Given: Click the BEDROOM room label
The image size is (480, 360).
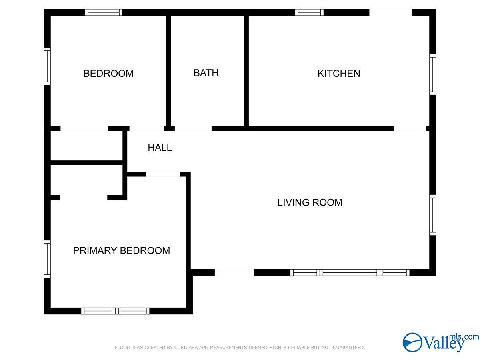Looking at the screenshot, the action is click(x=108, y=74).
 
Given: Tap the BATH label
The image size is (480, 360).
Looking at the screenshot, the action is click(x=206, y=73).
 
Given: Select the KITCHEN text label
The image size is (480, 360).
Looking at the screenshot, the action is click(x=338, y=74).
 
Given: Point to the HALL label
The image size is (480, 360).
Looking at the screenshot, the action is click(x=160, y=148).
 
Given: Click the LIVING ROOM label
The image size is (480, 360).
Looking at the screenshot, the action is click(x=310, y=202).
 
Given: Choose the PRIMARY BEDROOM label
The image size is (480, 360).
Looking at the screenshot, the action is click(x=121, y=250).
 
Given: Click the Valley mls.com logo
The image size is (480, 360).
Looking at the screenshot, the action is click(x=441, y=342).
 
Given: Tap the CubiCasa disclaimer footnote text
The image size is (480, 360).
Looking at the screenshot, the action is click(x=240, y=348).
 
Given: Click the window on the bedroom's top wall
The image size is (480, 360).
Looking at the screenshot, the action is click(x=104, y=12).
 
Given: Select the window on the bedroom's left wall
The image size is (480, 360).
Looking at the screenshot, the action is click(x=47, y=66).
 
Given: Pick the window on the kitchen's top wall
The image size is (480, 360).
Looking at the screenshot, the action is click(x=309, y=12).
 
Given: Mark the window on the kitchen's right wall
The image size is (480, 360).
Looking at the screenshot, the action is click(x=432, y=74).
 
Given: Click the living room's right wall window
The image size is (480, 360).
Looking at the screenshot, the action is click(x=432, y=215).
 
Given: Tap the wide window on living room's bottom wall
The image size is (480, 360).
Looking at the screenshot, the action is click(x=350, y=272).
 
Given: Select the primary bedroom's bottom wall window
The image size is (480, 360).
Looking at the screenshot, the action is click(x=115, y=311).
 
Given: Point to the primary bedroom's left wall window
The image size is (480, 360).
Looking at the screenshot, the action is click(x=47, y=259).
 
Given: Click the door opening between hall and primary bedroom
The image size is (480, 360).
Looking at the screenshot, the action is click(x=163, y=174).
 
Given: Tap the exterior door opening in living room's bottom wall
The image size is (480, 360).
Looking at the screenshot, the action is click(x=234, y=272).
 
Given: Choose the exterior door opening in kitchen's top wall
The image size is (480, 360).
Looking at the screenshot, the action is click(x=390, y=12).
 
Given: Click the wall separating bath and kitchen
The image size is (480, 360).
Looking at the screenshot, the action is click(x=246, y=71).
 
